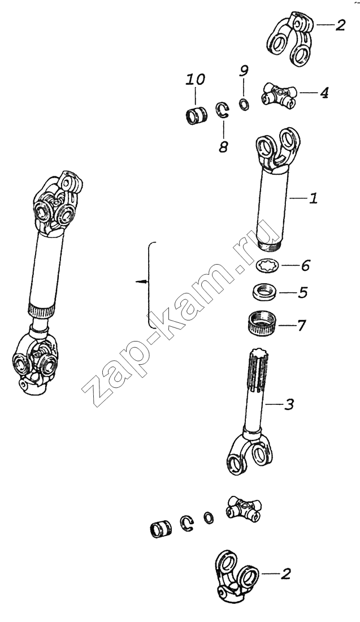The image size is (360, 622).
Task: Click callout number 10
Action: click(x=196, y=80)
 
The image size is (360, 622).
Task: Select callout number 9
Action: click(x=244, y=71)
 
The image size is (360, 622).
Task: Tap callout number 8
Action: click(x=223, y=147)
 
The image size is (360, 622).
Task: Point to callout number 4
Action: click(x=324, y=93)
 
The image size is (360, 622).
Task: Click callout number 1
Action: click(x=314, y=198)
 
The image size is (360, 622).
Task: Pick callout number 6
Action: click(x=305, y=265)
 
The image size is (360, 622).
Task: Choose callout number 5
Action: click(x=303, y=293)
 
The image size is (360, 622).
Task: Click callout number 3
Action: click(x=289, y=405)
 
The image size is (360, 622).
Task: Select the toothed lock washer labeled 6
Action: click(x=268, y=265)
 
